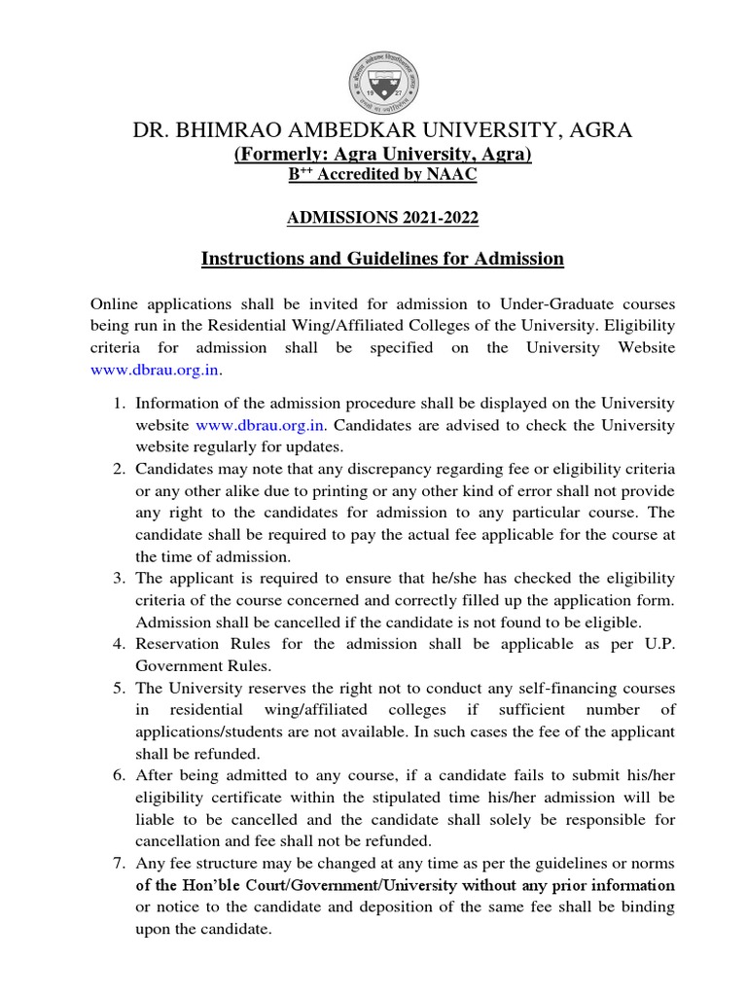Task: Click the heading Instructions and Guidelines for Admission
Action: (x=382, y=258)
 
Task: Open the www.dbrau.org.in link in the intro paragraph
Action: (x=156, y=371)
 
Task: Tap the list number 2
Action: (x=116, y=469)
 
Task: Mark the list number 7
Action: (x=116, y=864)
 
